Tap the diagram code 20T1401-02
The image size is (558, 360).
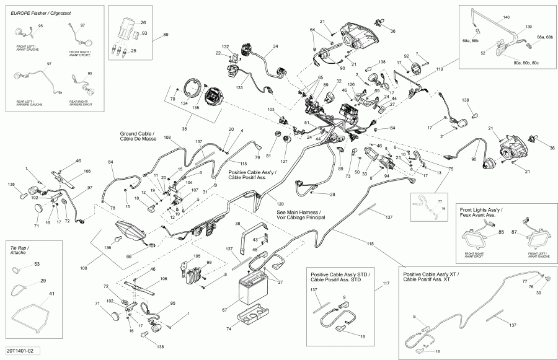pos(24,351)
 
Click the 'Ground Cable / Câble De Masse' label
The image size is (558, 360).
pos(138,136)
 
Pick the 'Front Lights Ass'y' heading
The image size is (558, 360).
pos(482,211)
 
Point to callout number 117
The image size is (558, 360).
pos(385,283)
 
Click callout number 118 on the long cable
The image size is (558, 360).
pos(370,245)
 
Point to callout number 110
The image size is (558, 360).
pos(440,70)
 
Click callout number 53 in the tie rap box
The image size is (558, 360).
pos(37,265)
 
